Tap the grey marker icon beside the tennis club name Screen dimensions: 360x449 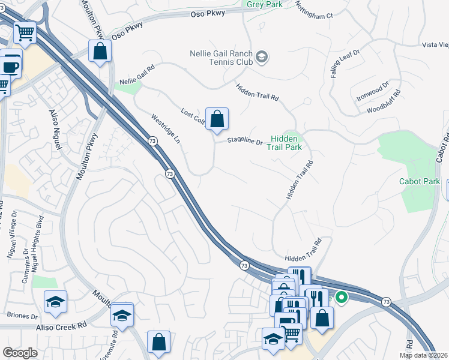(x=262, y=58)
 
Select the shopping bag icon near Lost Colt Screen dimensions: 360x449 (x=217, y=118)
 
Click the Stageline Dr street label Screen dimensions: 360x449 (x=245, y=142)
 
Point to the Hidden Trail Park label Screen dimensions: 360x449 (x=285, y=142)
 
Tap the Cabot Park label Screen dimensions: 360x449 (x=420, y=181)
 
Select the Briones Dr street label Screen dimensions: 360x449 (x=22, y=315)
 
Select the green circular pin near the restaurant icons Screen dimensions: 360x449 (x=342, y=297)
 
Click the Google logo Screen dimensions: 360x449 (x=20, y=353)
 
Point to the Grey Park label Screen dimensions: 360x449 (x=265, y=4)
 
